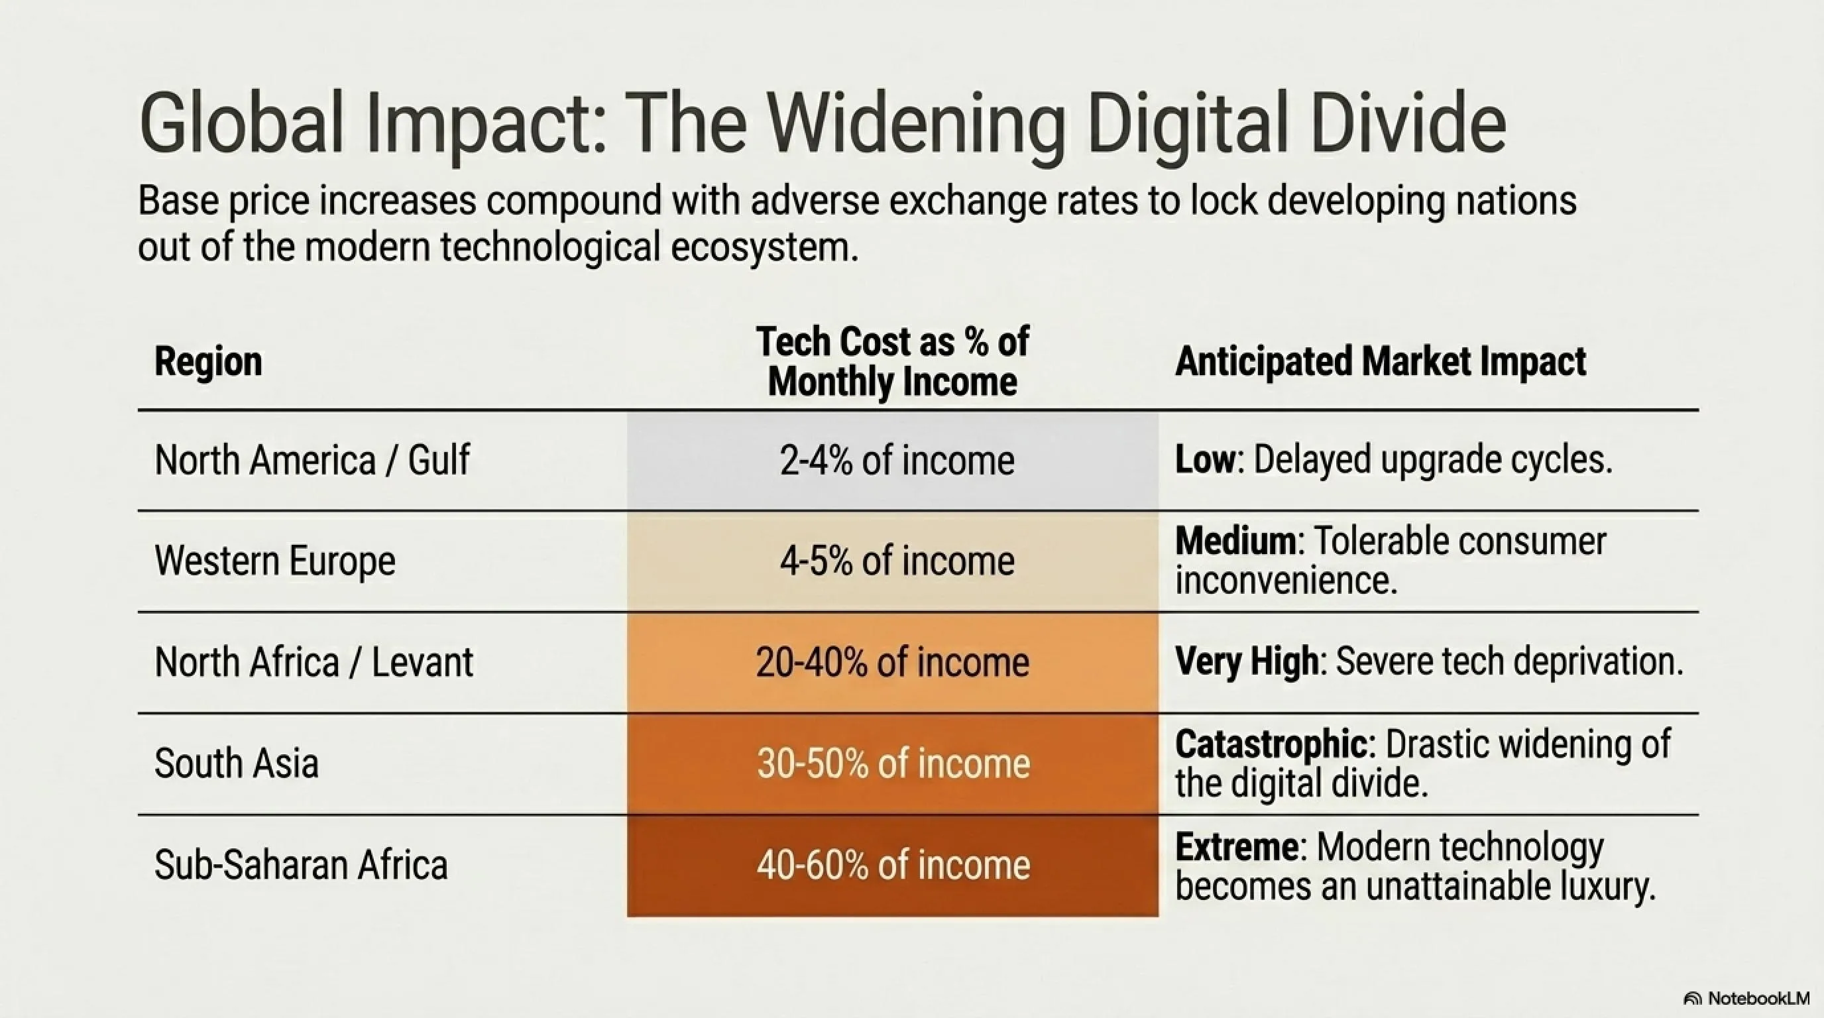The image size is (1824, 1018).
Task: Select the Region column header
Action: [x=208, y=362]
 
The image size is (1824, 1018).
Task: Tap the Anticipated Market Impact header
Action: [x=1380, y=362]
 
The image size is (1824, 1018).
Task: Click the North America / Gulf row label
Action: [x=312, y=460]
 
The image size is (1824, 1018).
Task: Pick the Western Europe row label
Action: [x=275, y=561]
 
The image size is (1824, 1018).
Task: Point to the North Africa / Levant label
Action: [x=313, y=663]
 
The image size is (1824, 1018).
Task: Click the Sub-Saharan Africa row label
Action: [x=301, y=865]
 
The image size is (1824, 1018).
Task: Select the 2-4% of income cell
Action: [x=893, y=461]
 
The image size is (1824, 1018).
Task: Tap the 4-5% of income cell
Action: [x=893, y=561]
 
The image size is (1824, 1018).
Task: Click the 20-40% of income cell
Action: [x=893, y=663]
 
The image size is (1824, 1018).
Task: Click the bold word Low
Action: [x=1205, y=459]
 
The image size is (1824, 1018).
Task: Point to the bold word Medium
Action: [x=1235, y=541]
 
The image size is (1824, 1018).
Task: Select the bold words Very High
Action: [x=1247, y=662]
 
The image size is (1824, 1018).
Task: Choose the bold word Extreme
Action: [x=1237, y=847]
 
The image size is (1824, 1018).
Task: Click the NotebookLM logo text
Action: [x=1759, y=998]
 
